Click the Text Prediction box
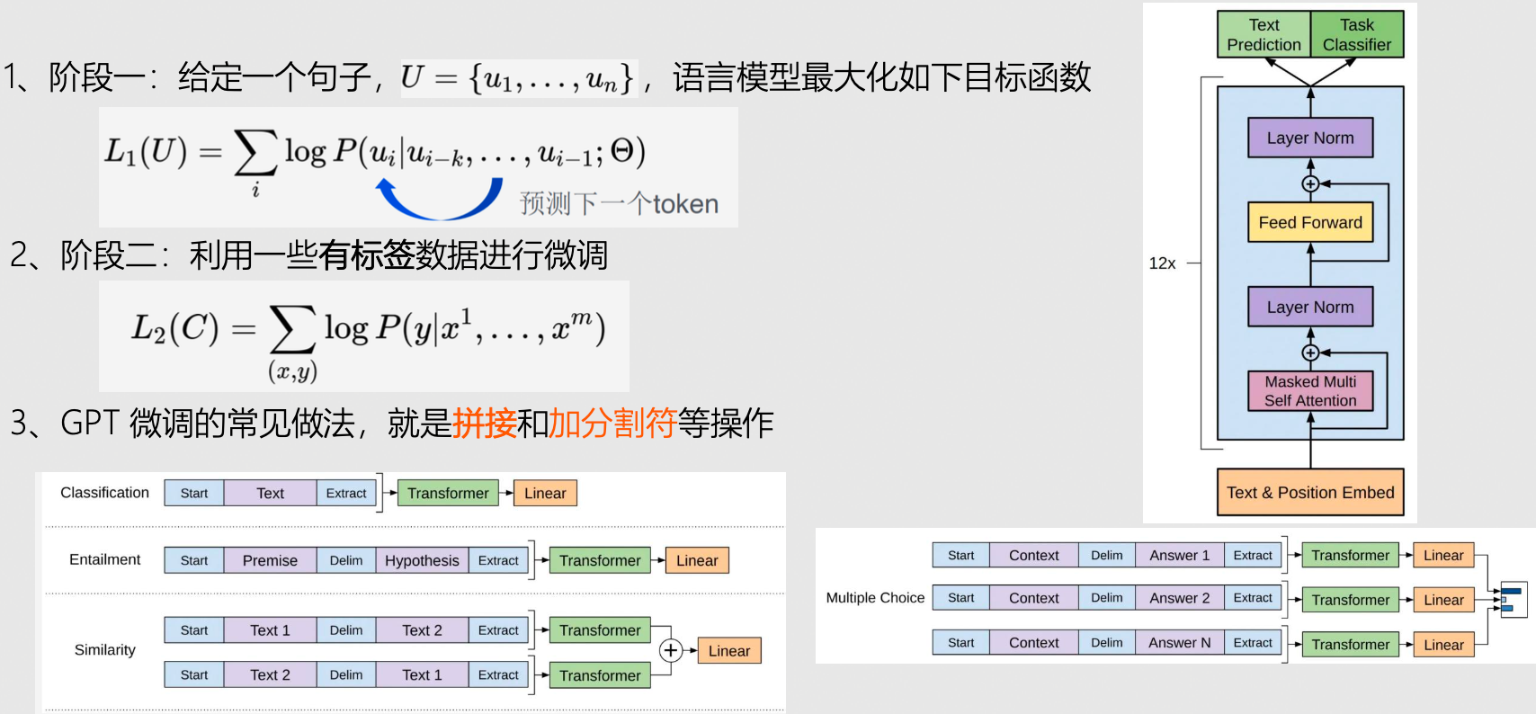(x=1264, y=35)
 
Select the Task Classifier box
(x=1356, y=35)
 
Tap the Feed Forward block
(x=1310, y=222)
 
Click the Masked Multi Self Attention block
(x=1310, y=391)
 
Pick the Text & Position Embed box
(x=1309, y=492)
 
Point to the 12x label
(x=1162, y=263)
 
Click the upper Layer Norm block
(x=1310, y=138)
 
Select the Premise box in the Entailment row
(x=270, y=560)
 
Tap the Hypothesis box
(x=422, y=560)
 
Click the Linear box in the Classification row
(x=545, y=493)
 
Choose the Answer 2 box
(x=1180, y=598)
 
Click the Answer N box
(x=1180, y=643)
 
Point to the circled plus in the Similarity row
(x=671, y=650)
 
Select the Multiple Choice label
(x=875, y=598)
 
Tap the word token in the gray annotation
(x=685, y=204)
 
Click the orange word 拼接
(x=485, y=423)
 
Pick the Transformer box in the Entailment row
(x=600, y=560)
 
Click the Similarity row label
(x=105, y=650)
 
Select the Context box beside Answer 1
(x=1034, y=556)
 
